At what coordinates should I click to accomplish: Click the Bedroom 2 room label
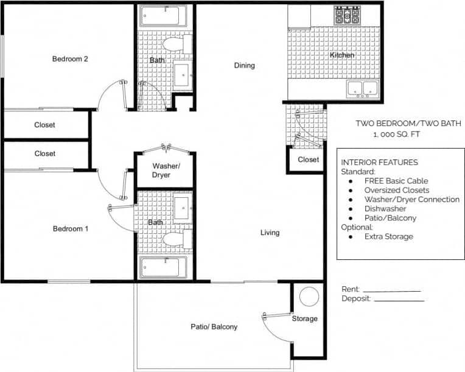coord(70,59)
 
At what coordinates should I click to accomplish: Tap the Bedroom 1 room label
coord(70,229)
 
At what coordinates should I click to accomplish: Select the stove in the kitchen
coord(347,15)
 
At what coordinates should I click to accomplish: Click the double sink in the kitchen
coord(363,89)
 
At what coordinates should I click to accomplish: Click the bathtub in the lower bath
coord(164,267)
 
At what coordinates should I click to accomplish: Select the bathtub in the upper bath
coord(164,16)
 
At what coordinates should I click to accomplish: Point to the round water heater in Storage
coord(309,297)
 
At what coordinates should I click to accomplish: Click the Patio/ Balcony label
coord(214,327)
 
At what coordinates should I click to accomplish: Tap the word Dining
coord(245,66)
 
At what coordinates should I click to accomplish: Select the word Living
coord(270,233)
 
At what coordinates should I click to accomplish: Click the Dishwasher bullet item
coord(385,208)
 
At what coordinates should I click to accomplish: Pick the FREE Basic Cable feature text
coord(396,181)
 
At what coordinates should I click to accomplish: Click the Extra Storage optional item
coord(388,236)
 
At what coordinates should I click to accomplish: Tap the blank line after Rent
coord(391,291)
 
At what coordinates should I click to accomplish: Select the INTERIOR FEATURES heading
coord(379,163)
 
